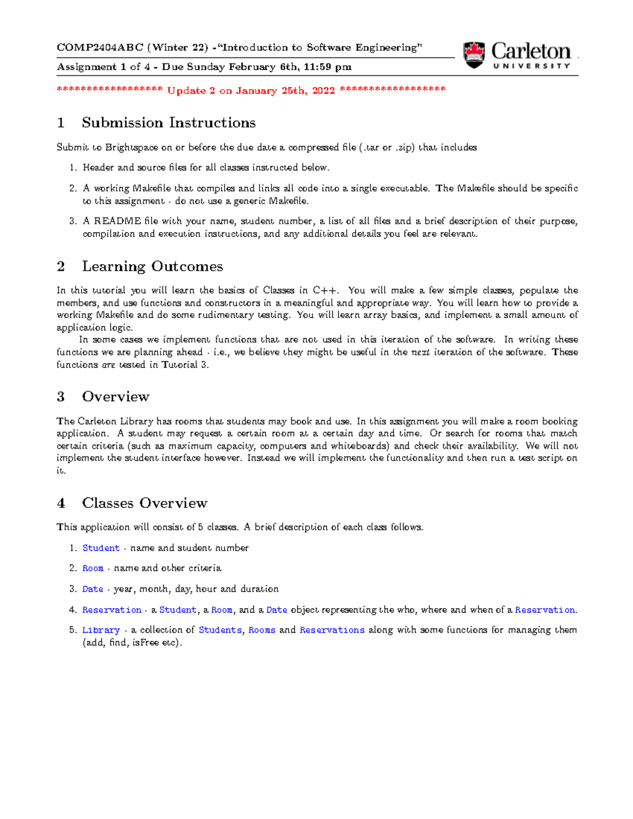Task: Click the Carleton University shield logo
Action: pos(474,55)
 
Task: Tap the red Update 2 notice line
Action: pos(251,90)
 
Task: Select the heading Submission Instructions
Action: pos(168,123)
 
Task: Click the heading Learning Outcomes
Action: pos(152,266)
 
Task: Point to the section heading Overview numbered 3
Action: pos(116,397)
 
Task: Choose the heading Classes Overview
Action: pos(145,503)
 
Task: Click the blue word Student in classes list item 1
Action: pos(101,548)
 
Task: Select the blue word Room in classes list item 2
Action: pos(93,568)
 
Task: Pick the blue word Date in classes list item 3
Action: pos(93,589)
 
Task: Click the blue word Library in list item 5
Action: pos(101,630)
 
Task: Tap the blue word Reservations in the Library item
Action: pos(332,630)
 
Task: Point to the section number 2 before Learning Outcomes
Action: pos(61,266)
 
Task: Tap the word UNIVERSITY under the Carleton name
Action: pos(532,66)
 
